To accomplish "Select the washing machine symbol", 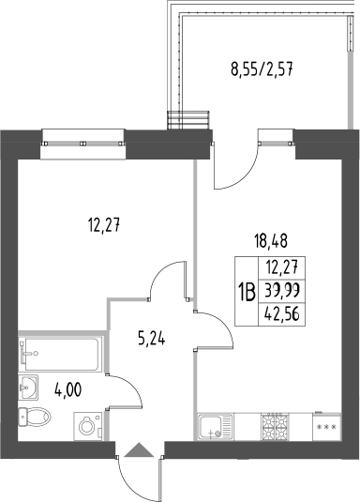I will pyautogui.click(x=86, y=426).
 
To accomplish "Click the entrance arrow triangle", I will pyautogui.click(x=138, y=451).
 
